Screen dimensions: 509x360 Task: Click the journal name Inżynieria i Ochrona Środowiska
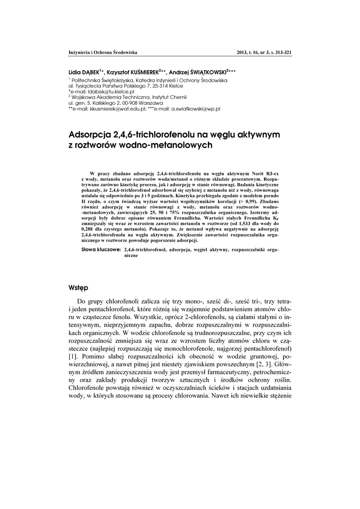pyautogui.click(x=102, y=52)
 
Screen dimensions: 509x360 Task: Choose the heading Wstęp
pyautogui.click(x=79, y=288)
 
